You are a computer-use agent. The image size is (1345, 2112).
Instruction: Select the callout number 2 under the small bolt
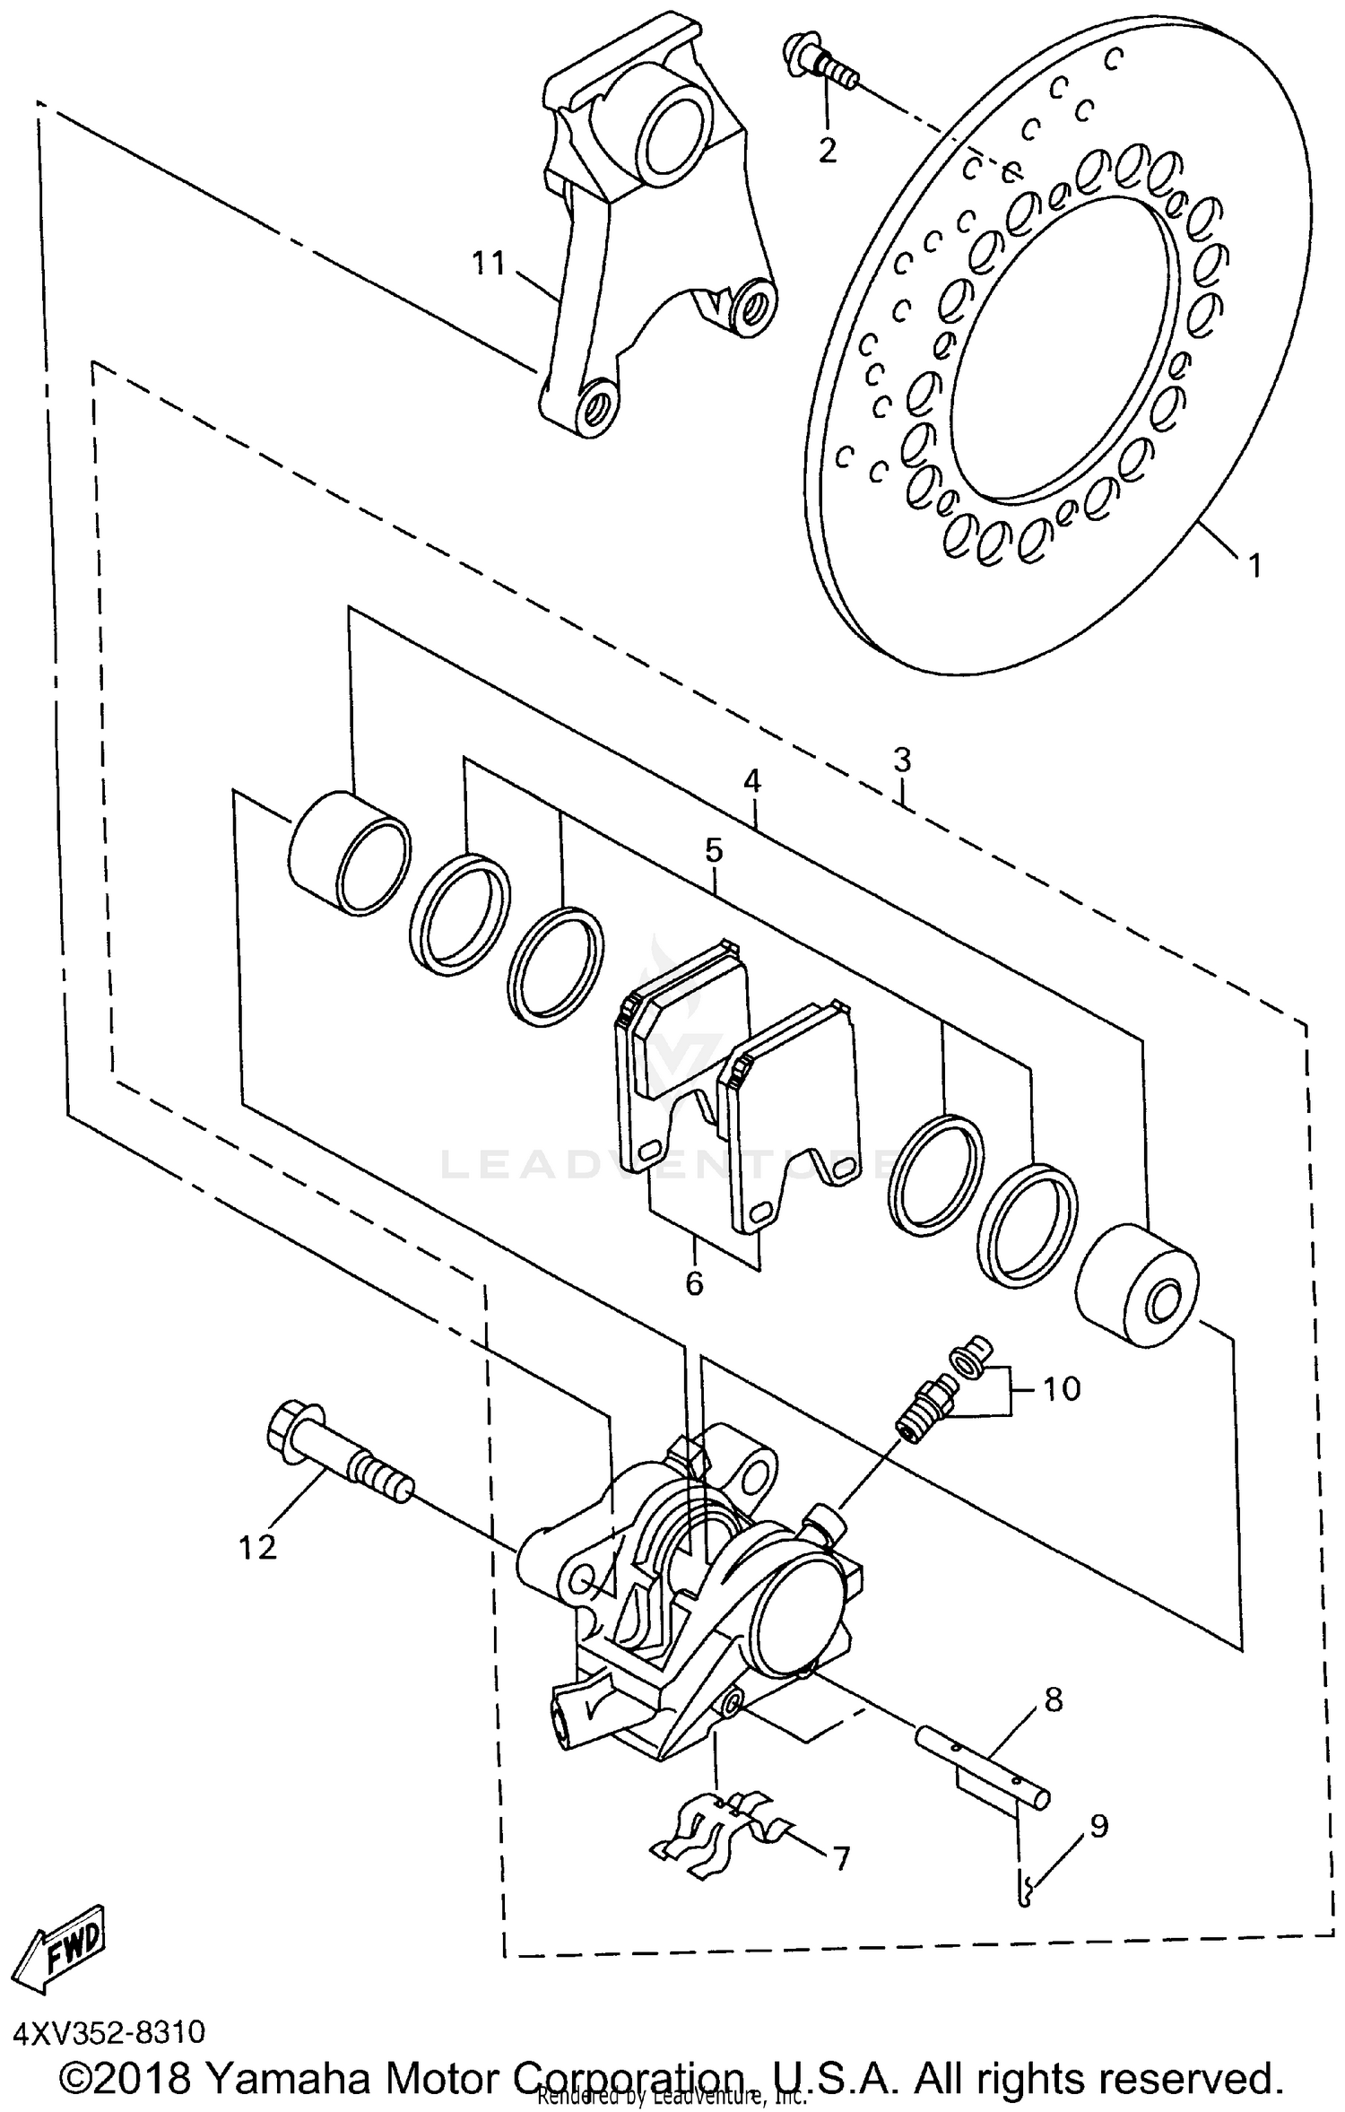[827, 150]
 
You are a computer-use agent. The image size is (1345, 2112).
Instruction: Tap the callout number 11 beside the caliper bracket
[490, 264]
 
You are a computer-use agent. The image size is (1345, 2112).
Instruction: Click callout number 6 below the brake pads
[694, 1283]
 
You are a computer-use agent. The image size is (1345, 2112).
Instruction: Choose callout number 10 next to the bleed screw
[1063, 1388]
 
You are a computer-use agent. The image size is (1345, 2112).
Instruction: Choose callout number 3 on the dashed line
[901, 760]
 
